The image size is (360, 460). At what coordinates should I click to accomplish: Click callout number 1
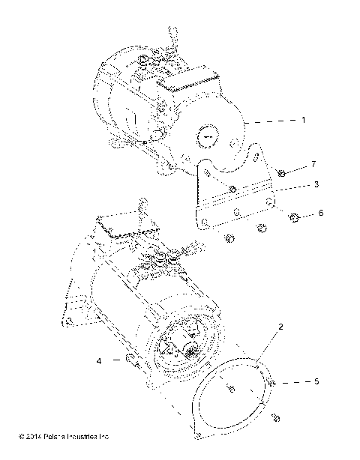click(x=302, y=120)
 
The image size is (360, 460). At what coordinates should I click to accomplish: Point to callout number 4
click(x=98, y=360)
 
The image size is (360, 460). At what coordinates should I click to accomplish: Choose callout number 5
click(x=315, y=381)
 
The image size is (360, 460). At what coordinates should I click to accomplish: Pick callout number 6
click(x=321, y=214)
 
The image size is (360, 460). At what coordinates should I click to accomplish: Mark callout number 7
click(x=314, y=164)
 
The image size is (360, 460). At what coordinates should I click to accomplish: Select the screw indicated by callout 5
click(x=275, y=384)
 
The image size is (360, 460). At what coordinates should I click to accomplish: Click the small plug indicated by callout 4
click(x=133, y=361)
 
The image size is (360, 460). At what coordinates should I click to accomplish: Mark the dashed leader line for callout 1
click(x=273, y=121)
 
